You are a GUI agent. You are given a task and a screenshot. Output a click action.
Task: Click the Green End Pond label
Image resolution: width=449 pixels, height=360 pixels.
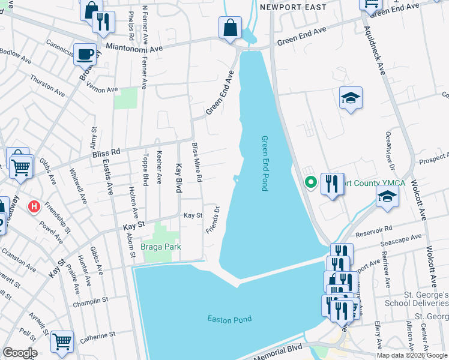(x=265, y=163)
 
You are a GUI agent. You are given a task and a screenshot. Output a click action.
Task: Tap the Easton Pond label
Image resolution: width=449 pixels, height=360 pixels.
(x=229, y=319)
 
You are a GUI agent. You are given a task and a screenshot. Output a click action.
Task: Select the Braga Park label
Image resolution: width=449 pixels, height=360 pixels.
(x=161, y=247)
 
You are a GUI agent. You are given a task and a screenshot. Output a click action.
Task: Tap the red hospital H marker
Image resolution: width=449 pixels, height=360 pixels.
(x=35, y=206)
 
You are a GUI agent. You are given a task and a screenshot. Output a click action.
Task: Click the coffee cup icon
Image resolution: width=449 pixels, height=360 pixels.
(x=85, y=54)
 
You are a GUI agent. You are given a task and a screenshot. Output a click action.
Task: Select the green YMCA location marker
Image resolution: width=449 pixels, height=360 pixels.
(x=310, y=182)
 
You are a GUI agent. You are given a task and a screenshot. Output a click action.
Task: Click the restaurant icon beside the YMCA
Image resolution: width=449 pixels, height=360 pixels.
(x=332, y=183)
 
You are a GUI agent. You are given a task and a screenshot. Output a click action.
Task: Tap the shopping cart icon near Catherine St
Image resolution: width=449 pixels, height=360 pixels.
(x=62, y=341)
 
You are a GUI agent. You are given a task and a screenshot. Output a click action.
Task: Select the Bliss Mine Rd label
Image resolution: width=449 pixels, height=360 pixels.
(x=196, y=163)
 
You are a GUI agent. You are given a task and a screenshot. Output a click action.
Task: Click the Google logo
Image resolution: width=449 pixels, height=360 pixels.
(x=20, y=353)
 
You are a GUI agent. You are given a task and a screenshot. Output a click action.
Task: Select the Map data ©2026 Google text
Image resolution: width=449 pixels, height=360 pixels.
(x=412, y=355)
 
